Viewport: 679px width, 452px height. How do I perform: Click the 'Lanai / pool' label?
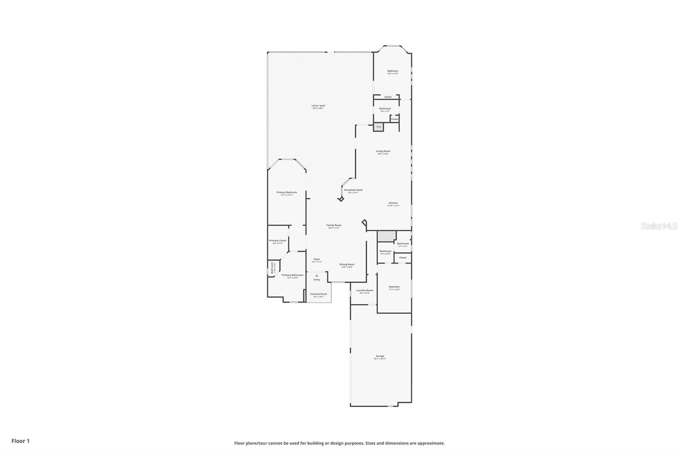click(x=318, y=106)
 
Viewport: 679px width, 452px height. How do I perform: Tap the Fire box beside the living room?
click(x=379, y=127)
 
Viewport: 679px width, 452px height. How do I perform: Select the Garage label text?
click(x=380, y=356)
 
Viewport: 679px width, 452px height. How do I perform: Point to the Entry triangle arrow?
click(x=317, y=275)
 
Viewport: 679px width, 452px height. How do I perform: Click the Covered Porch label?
click(x=318, y=294)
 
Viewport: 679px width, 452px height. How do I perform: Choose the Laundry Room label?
click(x=365, y=290)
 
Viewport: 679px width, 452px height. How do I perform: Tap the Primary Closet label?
click(x=278, y=240)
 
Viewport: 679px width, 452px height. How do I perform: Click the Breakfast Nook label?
click(x=353, y=190)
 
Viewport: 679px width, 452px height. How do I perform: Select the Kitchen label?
click(x=393, y=203)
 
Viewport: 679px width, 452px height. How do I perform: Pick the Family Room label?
click(x=334, y=225)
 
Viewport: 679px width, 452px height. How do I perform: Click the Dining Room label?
click(x=347, y=264)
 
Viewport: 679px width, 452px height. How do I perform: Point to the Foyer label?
click(x=317, y=259)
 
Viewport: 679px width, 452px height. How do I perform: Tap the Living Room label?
click(x=383, y=151)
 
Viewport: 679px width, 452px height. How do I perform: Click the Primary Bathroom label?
click(x=292, y=275)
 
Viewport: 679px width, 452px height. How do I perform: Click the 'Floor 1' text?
click(x=20, y=441)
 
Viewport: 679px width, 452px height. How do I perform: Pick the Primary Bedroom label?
click(x=286, y=192)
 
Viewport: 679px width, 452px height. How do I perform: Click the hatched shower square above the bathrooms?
click(x=387, y=236)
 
